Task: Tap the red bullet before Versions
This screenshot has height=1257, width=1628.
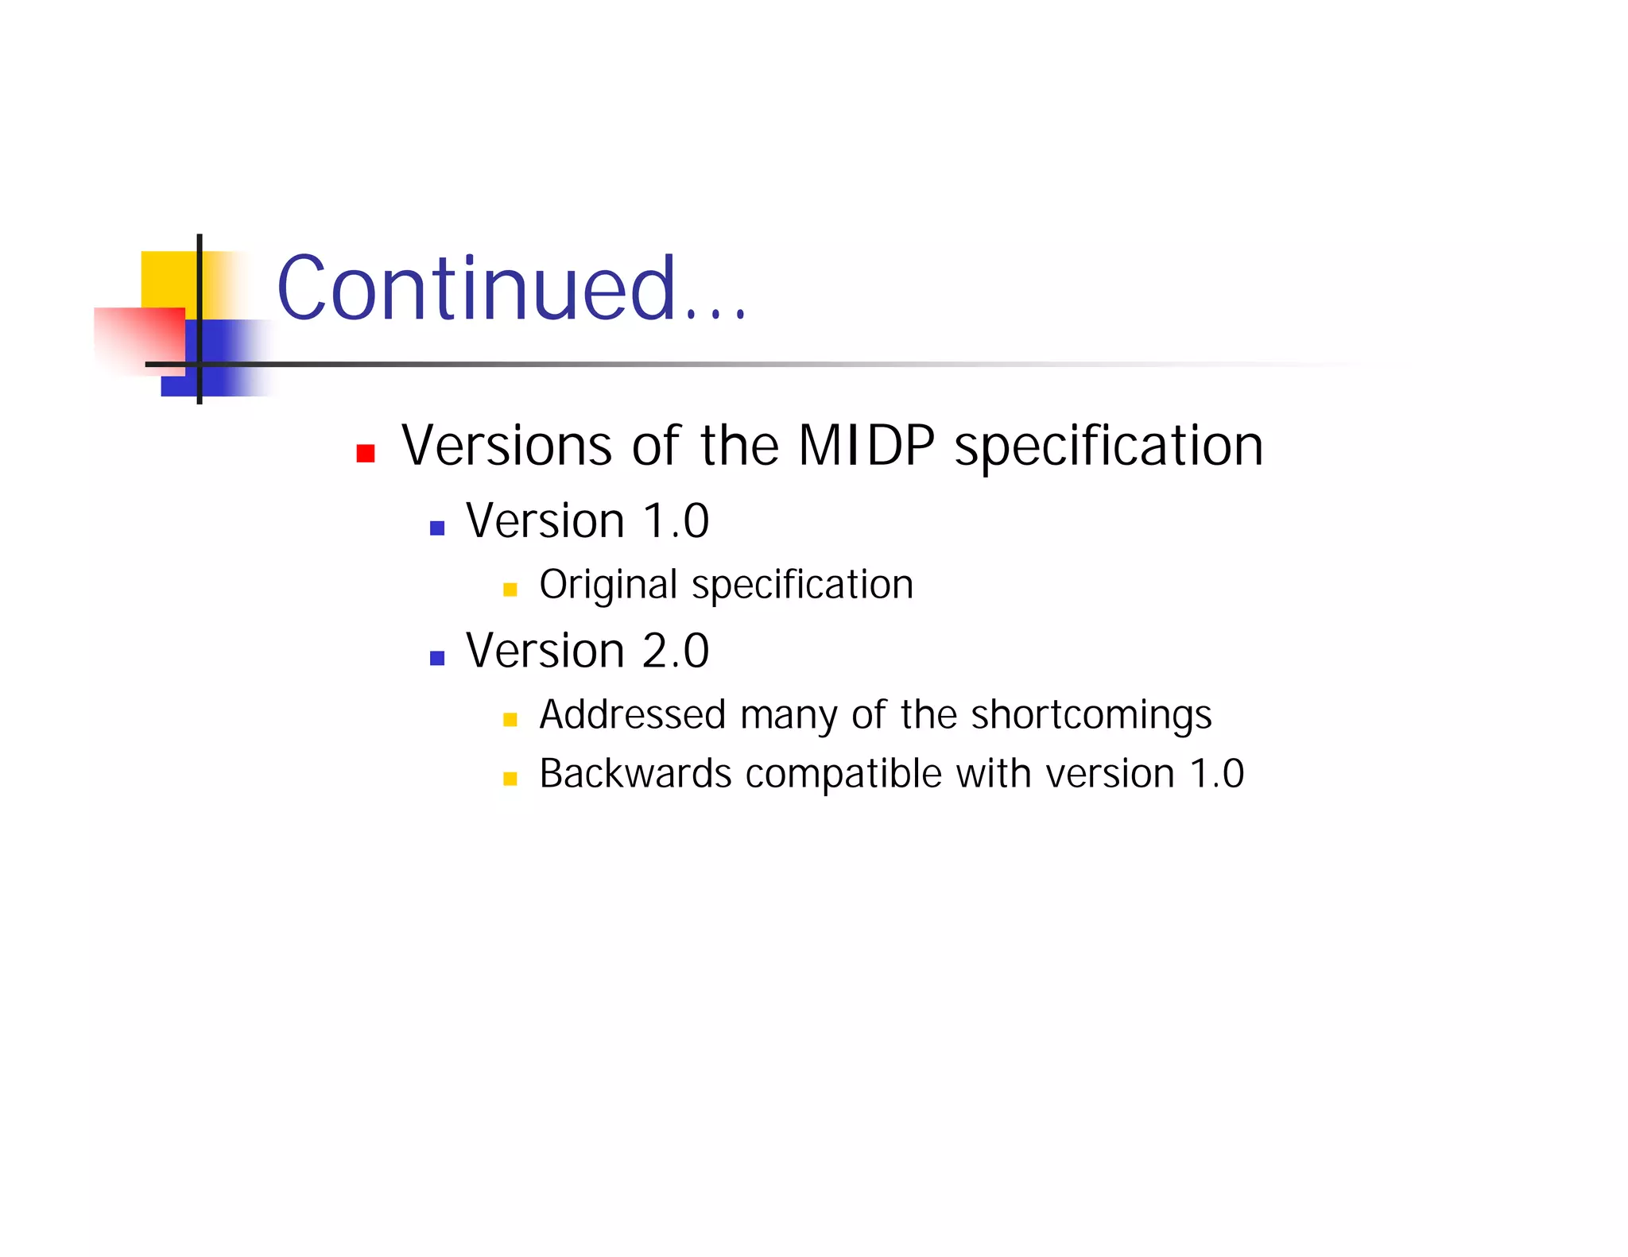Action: tap(366, 453)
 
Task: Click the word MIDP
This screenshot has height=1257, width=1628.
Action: tap(866, 446)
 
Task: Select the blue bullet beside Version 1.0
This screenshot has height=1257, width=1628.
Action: tap(436, 528)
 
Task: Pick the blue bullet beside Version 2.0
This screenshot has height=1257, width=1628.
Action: tap(436, 657)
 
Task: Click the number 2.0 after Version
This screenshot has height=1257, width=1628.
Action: tap(675, 651)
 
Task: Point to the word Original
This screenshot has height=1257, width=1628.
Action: tap(608, 586)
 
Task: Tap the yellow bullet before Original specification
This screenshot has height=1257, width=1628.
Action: tap(510, 590)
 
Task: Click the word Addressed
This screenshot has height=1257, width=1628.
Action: tap(633, 714)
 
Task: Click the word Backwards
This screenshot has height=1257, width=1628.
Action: tap(635, 773)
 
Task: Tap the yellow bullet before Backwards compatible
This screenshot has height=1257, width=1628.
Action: tap(510, 779)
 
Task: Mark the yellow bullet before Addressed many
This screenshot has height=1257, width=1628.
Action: tap(510, 720)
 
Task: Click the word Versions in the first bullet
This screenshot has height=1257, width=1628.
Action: tap(507, 446)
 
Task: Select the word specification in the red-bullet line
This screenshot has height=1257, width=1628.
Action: tap(1108, 447)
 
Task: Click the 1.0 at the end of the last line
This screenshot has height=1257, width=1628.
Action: tap(1216, 773)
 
